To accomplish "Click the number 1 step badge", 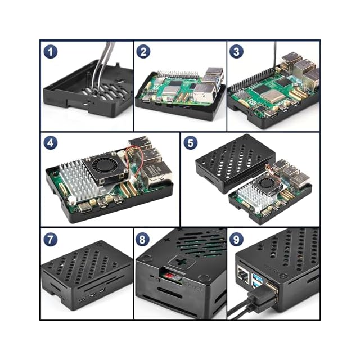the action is coord(51,52).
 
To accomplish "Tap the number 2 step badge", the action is coord(143,51).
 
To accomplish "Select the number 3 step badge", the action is coord(236,51).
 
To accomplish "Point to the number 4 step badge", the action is coord(51,142).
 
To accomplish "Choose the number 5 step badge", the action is coord(191,142).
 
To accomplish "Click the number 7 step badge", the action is coord(51,239).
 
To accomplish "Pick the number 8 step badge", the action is coord(142,239).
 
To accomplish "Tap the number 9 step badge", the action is coord(236,239).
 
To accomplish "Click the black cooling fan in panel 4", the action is coord(103,168).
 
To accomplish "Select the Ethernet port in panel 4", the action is coord(156,175).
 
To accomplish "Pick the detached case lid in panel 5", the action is coord(235,164).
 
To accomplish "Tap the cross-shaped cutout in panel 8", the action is coord(181,262).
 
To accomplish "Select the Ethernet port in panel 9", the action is coord(244,274).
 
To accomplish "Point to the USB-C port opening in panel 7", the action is coord(82,300).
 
